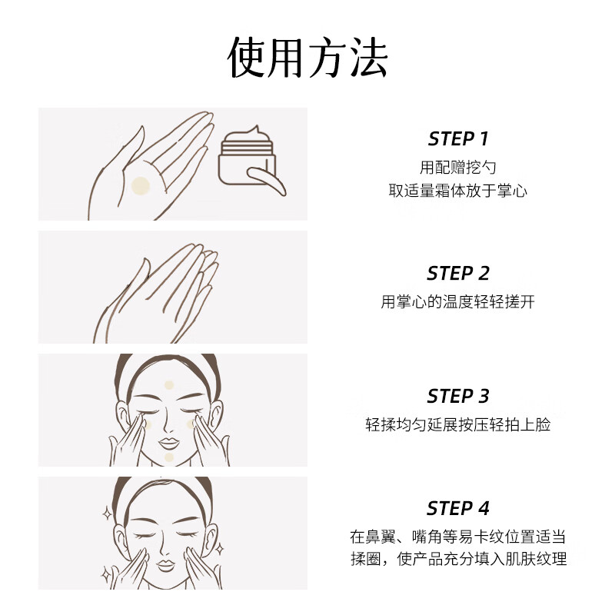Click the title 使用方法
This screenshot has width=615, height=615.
307,58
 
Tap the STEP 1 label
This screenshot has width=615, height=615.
458,139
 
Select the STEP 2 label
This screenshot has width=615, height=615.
458,274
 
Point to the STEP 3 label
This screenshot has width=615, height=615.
458,397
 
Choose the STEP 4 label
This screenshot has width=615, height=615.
458,509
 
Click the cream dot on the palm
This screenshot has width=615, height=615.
140,185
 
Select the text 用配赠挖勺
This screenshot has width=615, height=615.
458,167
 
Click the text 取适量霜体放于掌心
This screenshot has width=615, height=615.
458,191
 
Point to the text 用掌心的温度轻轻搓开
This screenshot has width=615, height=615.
458,301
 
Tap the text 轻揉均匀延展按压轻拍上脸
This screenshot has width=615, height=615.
458,424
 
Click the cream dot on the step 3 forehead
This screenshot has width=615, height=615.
170,387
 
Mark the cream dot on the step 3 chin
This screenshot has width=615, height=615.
169,457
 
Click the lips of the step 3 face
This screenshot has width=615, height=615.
169,443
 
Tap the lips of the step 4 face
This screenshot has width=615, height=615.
169,563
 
